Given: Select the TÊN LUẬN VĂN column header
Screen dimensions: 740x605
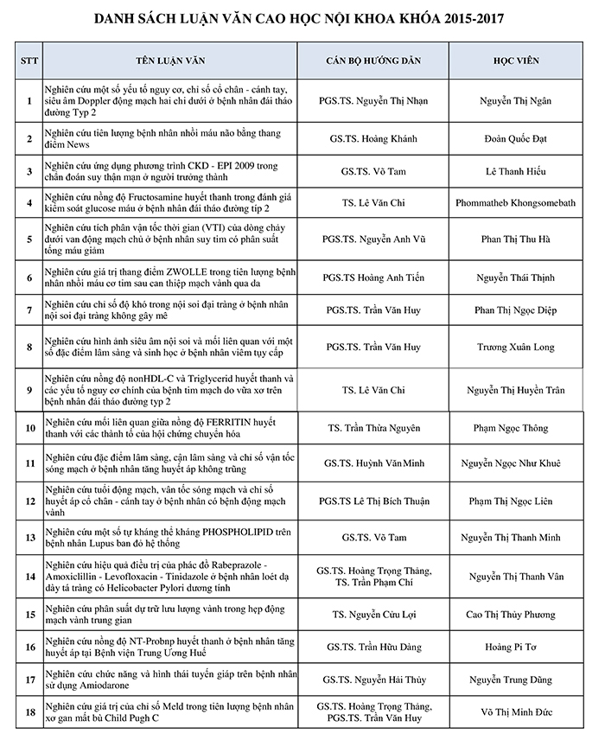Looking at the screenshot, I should tap(170, 62).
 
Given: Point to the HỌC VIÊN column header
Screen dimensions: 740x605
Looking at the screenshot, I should tap(525, 62).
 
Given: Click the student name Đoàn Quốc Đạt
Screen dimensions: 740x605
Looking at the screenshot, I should tap(525, 138).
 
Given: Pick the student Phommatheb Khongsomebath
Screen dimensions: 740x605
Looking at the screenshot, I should tap(525, 203).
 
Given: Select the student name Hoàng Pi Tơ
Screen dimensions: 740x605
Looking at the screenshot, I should tap(525, 647).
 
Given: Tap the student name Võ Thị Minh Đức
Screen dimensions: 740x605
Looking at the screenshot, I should tap(525, 711).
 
